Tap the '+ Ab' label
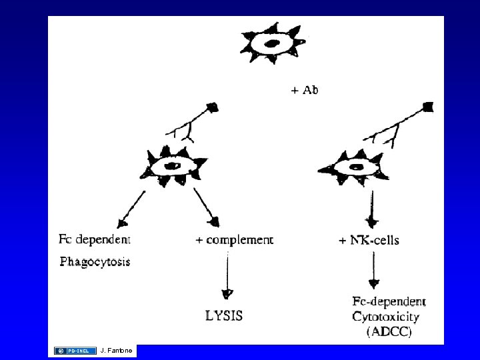(305, 89)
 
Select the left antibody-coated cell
(174, 166)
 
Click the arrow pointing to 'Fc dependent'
(132, 208)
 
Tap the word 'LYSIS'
(224, 314)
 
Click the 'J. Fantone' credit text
(117, 351)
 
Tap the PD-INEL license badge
(75, 351)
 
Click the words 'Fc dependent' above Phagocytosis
(95, 238)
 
